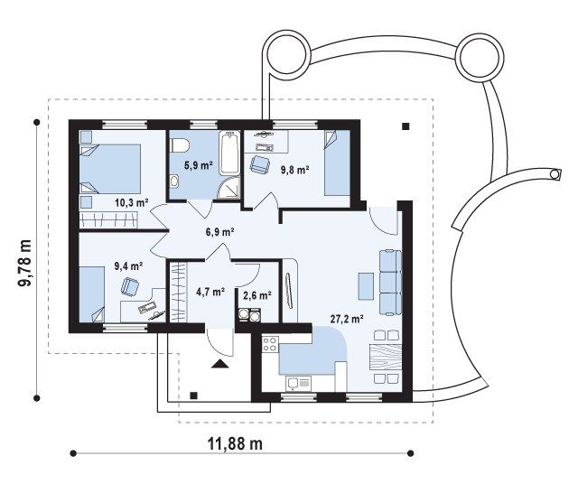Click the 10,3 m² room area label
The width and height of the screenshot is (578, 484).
click(132, 202)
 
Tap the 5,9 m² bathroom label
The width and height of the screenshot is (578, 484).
click(199, 165)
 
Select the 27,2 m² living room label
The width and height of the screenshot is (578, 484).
click(347, 319)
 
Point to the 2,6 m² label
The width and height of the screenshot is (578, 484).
click(257, 295)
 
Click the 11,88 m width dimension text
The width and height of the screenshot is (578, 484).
click(235, 443)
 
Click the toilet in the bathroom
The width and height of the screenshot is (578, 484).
click(179, 144)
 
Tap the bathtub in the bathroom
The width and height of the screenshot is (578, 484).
click(229, 154)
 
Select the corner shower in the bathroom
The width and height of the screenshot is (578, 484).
click(228, 188)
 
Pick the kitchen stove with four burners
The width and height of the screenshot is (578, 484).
click(270, 343)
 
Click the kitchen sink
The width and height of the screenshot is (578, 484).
click(298, 384)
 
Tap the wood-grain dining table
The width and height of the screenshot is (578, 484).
click(386, 357)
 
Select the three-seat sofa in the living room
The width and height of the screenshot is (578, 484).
click(390, 283)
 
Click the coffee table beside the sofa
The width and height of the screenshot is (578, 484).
click(365, 285)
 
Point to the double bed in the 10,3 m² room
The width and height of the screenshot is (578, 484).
click(110, 169)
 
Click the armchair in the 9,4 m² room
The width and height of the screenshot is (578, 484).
click(129, 285)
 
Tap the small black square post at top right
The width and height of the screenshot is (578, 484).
click(406, 126)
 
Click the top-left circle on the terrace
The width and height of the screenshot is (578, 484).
click(286, 53)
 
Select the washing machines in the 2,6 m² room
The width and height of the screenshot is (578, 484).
click(249, 315)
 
